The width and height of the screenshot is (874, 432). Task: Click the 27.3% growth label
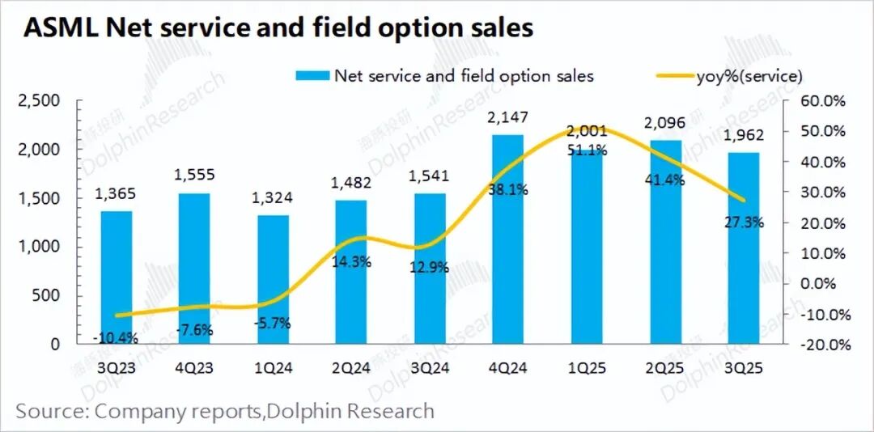(744, 222)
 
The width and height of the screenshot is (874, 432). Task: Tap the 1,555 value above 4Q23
(195, 176)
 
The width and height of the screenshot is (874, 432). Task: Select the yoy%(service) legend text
(749, 76)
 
